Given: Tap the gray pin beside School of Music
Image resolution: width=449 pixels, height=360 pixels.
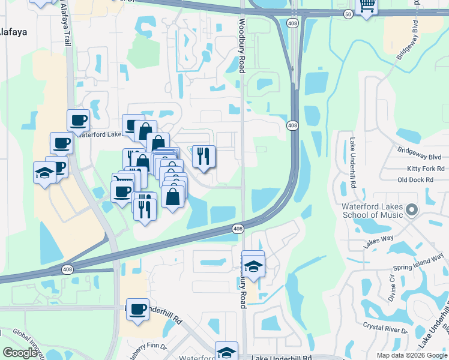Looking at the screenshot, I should point(411,210).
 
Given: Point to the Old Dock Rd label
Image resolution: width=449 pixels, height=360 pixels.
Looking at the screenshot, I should point(415,180).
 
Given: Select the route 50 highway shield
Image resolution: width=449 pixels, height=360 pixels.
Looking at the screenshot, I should point(348,13).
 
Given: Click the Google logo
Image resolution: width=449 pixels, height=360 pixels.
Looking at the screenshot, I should point(19,353).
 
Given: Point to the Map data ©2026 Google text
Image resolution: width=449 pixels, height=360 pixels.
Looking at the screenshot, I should point(412,355).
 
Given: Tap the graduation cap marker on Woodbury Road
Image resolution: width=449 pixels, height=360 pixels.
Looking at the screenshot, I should point(253,266).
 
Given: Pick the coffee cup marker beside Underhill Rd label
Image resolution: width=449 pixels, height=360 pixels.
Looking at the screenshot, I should point(138,309).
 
